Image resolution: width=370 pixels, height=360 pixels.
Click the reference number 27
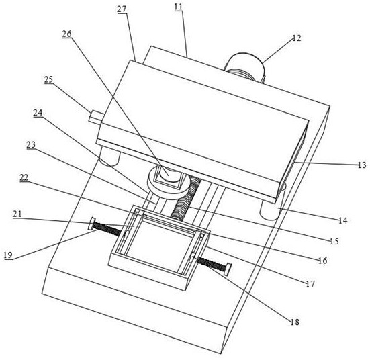[x=122, y=9]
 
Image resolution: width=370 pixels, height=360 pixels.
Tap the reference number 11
[x=179, y=7]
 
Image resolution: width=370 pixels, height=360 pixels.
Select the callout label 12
[x=297, y=38]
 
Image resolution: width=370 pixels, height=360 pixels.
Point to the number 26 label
[x=66, y=34]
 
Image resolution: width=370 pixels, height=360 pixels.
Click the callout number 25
[x=48, y=79]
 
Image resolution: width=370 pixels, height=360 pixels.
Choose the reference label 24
[x=38, y=113]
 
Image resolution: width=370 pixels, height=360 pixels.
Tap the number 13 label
[x=361, y=165]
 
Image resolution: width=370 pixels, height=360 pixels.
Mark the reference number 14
[x=343, y=220]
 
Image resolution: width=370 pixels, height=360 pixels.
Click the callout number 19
[x=8, y=255]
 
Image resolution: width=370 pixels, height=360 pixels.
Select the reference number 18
[x=295, y=322]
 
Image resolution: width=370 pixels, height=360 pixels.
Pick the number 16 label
[x=322, y=261]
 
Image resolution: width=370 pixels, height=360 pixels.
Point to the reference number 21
[x=17, y=214]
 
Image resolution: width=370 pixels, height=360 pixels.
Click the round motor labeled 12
[x=245, y=66]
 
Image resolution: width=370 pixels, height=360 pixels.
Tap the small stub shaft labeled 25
[x=95, y=117]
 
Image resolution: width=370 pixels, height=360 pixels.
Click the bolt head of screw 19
[x=91, y=223]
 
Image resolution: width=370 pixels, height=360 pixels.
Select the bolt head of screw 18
[x=228, y=269]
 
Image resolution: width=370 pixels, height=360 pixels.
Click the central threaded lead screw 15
[x=186, y=198]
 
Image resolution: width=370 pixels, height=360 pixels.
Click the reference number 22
[x=24, y=177]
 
